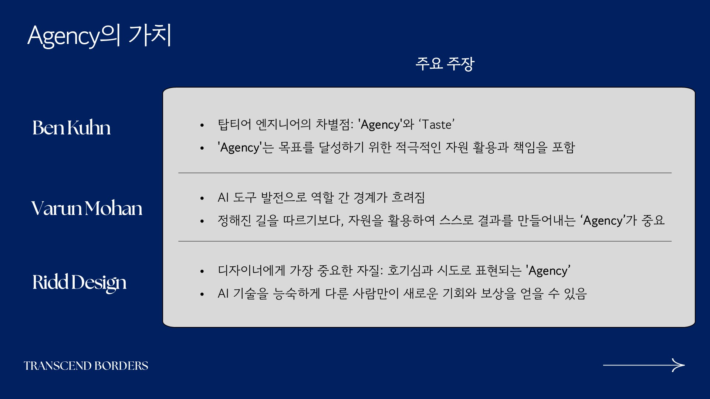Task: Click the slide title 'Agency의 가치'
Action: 99,36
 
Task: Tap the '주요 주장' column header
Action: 445,64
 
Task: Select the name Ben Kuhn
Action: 71,128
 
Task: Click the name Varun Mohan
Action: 87,208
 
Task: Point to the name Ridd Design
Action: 79,283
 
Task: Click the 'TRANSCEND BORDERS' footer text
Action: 86,366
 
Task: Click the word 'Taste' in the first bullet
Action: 437,125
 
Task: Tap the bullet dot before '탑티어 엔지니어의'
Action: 202,125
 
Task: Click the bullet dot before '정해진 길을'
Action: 202,221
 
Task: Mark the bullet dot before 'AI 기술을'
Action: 202,294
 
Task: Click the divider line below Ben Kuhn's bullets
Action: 425,173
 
